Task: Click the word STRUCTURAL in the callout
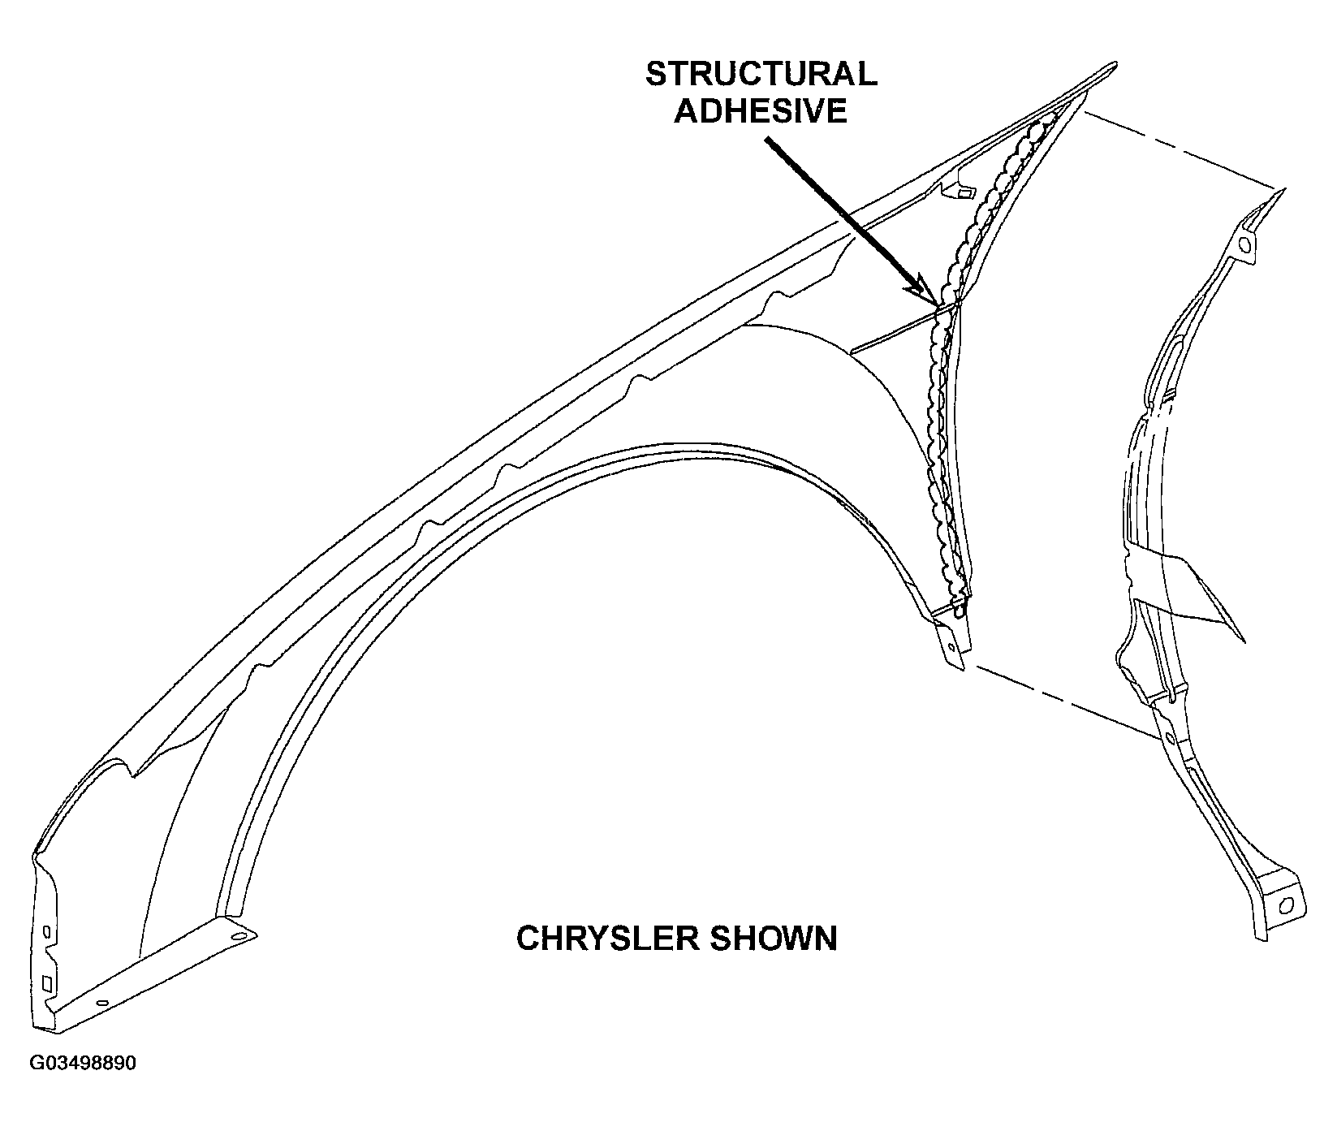point(761,74)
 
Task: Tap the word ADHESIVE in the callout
point(761,110)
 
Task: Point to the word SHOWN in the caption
point(774,939)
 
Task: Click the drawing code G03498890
point(83,1064)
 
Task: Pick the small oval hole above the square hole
point(46,930)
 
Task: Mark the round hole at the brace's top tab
point(1247,244)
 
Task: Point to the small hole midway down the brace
point(1170,738)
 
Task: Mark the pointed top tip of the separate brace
point(1283,191)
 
